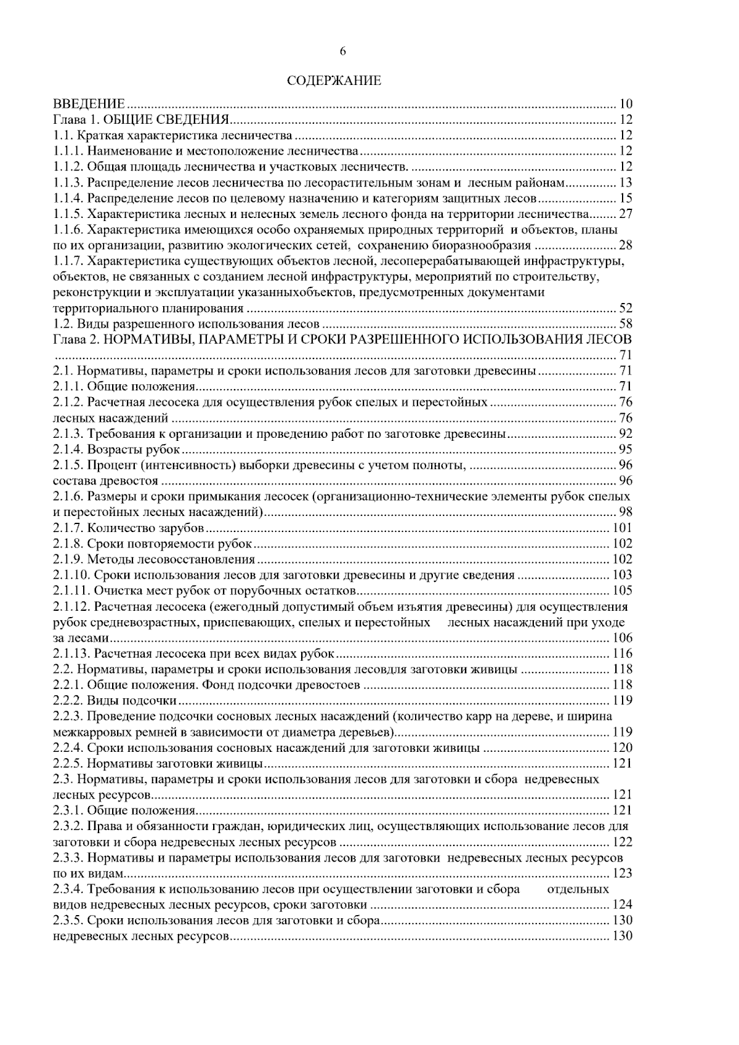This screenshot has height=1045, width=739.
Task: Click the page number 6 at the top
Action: tap(343, 52)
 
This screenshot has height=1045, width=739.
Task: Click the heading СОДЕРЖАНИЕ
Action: tap(335, 81)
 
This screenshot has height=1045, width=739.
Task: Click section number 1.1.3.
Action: tap(68, 182)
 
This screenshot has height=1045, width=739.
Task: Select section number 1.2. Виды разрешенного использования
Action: tap(63, 324)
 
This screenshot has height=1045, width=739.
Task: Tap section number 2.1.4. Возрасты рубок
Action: tap(68, 450)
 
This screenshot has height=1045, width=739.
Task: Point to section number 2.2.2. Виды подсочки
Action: tap(68, 701)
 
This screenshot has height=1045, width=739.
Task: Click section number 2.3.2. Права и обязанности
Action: tap(68, 826)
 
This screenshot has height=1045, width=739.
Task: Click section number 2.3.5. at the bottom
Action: tap(68, 921)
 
